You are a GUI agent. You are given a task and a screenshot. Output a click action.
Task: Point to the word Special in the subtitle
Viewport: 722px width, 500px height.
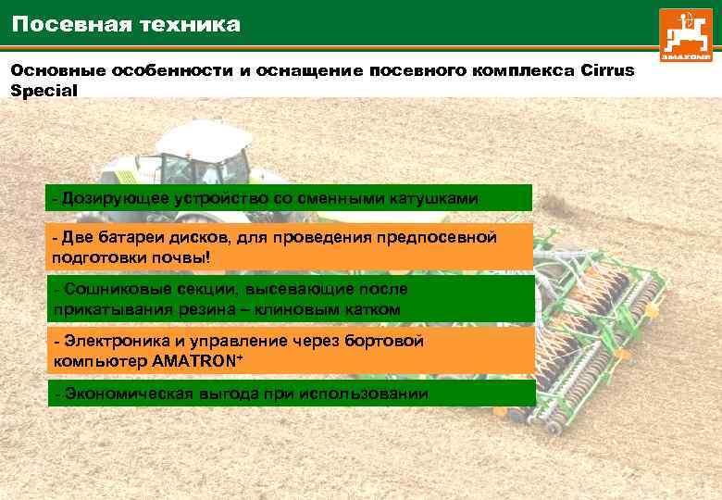point(44,91)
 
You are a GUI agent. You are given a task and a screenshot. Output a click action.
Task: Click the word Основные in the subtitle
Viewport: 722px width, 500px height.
point(57,70)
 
